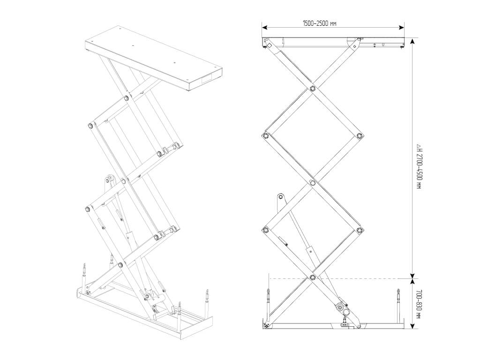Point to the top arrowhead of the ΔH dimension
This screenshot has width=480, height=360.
point(412,41)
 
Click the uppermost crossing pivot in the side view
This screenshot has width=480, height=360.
point(313,88)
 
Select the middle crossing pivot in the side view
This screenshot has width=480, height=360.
point(313,183)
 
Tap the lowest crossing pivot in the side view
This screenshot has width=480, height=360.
point(313,278)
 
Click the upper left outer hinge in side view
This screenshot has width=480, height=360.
point(266,136)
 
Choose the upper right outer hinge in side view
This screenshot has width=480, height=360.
point(360,136)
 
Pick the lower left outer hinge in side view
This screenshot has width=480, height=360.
point(266,230)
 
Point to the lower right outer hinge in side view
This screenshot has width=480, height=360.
point(360,230)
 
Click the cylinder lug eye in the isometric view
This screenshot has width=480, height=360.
point(110,179)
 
